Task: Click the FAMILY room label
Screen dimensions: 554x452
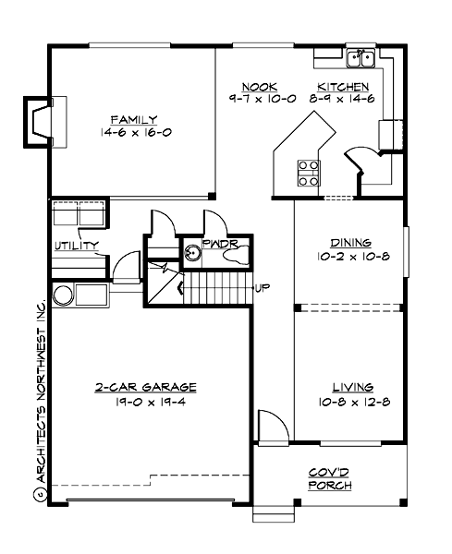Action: pyautogui.click(x=133, y=119)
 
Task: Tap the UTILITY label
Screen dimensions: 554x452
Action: pyautogui.click(x=76, y=245)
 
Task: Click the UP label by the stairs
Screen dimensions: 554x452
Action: pyautogui.click(x=263, y=287)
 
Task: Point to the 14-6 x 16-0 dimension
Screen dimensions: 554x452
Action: pyautogui.click(x=133, y=132)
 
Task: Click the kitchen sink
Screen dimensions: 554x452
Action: pyautogui.click(x=360, y=60)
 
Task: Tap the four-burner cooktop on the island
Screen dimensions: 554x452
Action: pyautogui.click(x=309, y=172)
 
